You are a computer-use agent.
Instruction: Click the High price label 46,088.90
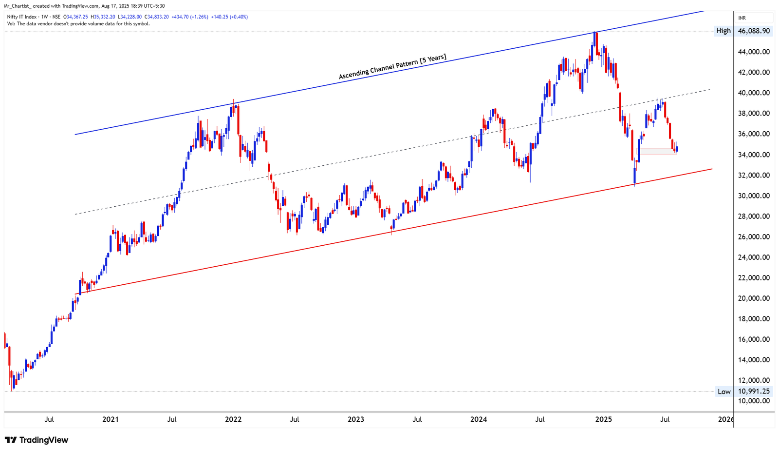(754, 31)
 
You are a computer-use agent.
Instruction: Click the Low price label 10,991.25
(754, 391)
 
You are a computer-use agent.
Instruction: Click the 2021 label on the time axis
(111, 419)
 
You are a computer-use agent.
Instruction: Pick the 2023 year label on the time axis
(356, 419)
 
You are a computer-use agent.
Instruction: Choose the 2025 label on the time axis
(604, 419)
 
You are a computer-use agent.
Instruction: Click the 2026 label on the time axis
(726, 419)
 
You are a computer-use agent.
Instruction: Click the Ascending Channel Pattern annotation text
(392, 67)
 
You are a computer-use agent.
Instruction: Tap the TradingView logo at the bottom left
(37, 440)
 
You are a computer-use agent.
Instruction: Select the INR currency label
(742, 18)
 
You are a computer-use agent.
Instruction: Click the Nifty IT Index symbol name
(22, 17)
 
